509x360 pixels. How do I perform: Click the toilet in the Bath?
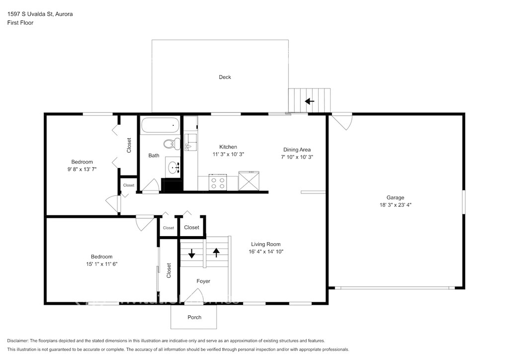(x=171, y=144)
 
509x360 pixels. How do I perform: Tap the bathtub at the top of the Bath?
(x=161, y=125)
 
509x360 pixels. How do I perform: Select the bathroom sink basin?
(x=173, y=168)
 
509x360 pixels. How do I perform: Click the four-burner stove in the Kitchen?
(x=218, y=182)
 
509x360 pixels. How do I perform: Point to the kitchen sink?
(x=190, y=142)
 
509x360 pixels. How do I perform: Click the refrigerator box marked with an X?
(x=249, y=181)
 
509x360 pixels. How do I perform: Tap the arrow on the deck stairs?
(x=309, y=101)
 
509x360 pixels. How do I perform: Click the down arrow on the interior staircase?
(x=191, y=253)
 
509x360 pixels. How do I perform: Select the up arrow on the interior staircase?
(x=216, y=253)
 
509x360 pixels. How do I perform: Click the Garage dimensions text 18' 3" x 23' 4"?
(x=395, y=205)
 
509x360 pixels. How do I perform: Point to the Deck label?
(x=225, y=77)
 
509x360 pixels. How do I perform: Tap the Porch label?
(x=194, y=317)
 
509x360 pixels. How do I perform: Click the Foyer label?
(x=203, y=281)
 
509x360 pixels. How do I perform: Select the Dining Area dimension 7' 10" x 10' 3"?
(x=297, y=157)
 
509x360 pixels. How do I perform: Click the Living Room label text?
(x=266, y=244)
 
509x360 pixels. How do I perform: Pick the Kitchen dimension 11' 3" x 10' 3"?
(x=228, y=154)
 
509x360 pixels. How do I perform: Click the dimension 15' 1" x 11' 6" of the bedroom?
(x=101, y=264)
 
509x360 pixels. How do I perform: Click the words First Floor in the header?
(x=20, y=23)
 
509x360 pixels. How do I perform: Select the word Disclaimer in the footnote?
(x=17, y=341)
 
